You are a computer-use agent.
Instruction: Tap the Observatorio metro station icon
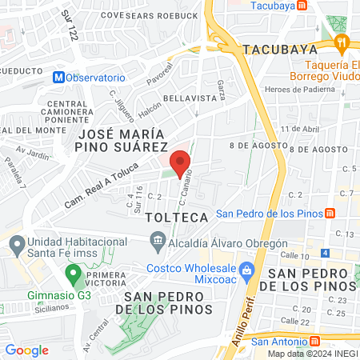tap(58, 78)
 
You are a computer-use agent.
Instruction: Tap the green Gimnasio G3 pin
tap(74, 276)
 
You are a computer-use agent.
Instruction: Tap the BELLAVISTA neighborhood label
tap(190, 98)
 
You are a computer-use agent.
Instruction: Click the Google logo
tap(26, 350)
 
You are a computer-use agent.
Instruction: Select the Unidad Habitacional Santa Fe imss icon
tap(15, 242)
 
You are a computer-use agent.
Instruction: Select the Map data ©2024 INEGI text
tap(312, 354)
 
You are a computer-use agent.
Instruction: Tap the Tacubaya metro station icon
tap(301, 5)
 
